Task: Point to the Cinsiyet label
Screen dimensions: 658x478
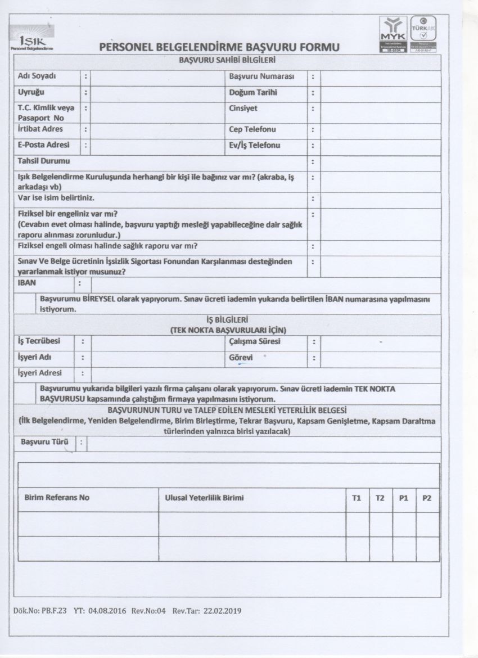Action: (x=243, y=109)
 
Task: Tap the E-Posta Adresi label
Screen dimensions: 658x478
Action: (x=42, y=146)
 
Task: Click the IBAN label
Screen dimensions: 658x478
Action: (x=26, y=284)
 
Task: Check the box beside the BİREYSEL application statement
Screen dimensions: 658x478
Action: (x=26, y=304)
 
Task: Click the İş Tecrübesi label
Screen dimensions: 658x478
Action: (x=39, y=341)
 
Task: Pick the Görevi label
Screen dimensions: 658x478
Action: (x=241, y=357)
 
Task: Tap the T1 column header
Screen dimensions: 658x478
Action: (x=357, y=498)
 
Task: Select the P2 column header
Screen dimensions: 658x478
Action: (x=427, y=498)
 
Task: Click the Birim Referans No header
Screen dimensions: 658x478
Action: (x=57, y=498)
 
